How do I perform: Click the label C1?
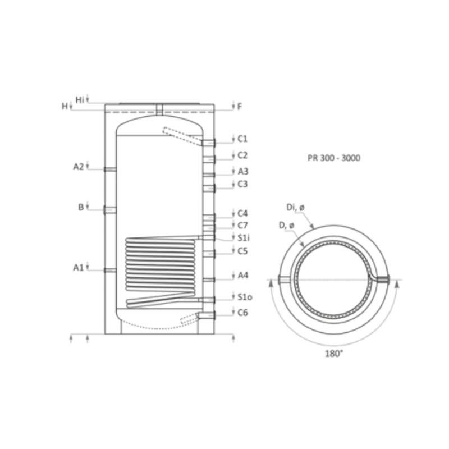coord(242,139)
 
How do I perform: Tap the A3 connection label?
coord(243,172)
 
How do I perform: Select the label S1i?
coord(244,238)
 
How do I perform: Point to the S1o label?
coord(245,297)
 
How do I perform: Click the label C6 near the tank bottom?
coord(243,313)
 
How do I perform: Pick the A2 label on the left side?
coord(79,167)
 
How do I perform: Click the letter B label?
coord(81,207)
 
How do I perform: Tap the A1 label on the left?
coord(79,268)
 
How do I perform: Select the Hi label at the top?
coord(80,100)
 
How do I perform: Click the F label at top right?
coord(240,107)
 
